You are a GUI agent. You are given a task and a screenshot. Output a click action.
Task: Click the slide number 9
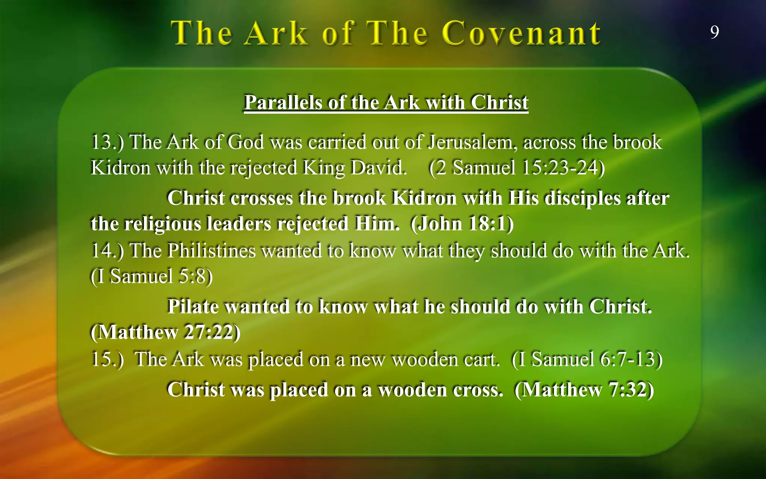[x=714, y=32]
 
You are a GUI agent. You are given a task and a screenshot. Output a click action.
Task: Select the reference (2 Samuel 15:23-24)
[x=517, y=167]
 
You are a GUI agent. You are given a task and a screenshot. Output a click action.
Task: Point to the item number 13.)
[x=107, y=142]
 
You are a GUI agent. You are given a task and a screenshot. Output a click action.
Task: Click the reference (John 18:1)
[x=462, y=223]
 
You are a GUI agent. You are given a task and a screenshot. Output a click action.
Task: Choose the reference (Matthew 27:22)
[x=165, y=332]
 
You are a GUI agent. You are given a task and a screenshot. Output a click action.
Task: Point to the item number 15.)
[x=107, y=359]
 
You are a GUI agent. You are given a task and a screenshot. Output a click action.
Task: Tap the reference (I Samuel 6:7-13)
[x=587, y=359]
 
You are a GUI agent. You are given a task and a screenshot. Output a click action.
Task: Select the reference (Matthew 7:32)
[x=584, y=390]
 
